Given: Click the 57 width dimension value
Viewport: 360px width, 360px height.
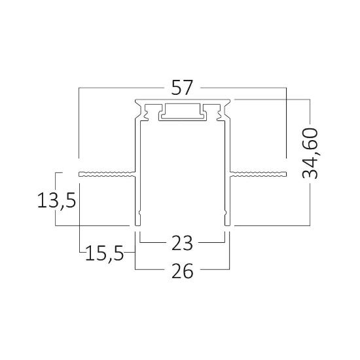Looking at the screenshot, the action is pyautogui.click(x=182, y=88).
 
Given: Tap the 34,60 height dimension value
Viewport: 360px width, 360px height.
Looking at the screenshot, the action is pyautogui.click(x=310, y=153).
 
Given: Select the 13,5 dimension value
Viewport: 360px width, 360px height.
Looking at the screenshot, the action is pyautogui.click(x=56, y=200).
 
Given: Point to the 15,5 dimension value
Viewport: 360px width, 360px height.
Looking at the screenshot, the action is pyautogui.click(x=105, y=253).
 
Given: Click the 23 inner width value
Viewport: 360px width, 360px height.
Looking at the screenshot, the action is pyautogui.click(x=182, y=243).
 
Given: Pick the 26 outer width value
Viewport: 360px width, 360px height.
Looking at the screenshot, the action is pyautogui.click(x=183, y=271).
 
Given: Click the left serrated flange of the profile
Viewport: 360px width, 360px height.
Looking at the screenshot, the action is pyautogui.click(x=107, y=174).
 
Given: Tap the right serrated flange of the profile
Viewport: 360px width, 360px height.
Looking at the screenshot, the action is pyautogui.click(x=259, y=174).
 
